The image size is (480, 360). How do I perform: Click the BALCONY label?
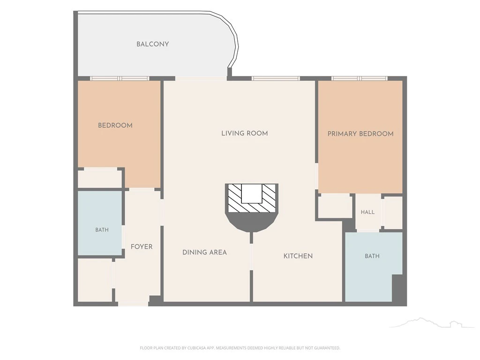(152, 44)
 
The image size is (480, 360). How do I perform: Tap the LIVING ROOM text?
(245, 133)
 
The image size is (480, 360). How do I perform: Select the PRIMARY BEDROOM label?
(360, 134)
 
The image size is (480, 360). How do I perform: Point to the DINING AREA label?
(204, 252)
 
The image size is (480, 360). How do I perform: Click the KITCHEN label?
(298, 256)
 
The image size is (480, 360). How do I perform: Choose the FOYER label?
(142, 247)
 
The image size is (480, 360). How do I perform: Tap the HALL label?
(367, 212)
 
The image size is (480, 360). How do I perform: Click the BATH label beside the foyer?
(102, 230)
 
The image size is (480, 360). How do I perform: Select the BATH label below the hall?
(372, 256)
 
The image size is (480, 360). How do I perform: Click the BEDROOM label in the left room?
(115, 125)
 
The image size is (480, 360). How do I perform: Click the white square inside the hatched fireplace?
(252, 194)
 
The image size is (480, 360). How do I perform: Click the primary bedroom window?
(360, 79)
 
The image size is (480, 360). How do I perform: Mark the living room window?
(276, 79)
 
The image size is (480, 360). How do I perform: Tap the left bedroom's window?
(120, 79)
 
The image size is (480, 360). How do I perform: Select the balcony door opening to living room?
(201, 79)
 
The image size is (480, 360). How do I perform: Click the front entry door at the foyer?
(133, 304)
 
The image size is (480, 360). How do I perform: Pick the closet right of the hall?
(393, 212)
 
